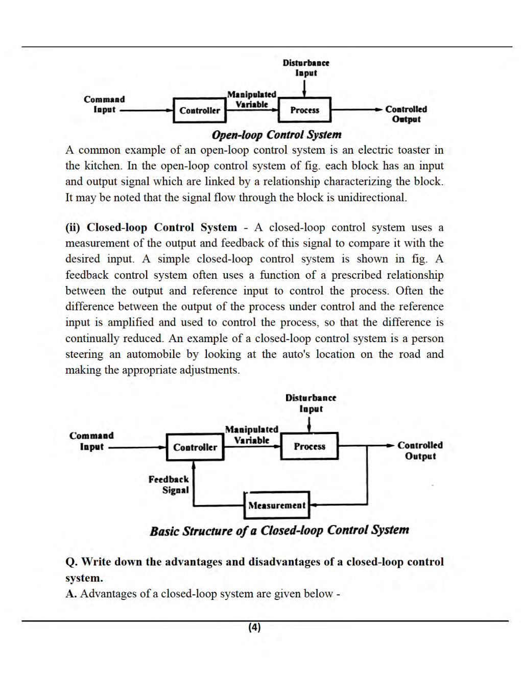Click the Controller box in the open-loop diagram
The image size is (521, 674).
click(199, 110)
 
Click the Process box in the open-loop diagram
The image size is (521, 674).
click(304, 110)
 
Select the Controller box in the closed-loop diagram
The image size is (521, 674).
click(195, 447)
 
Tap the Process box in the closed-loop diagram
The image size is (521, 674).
click(309, 446)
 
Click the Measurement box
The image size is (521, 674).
click(277, 505)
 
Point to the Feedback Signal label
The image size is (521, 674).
click(169, 485)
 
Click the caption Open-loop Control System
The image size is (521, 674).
click(276, 135)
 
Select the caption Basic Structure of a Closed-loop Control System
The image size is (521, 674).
click(279, 531)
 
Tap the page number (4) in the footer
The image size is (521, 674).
click(254, 627)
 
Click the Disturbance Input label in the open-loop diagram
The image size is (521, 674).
click(306, 68)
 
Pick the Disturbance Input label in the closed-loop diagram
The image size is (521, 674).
click(311, 403)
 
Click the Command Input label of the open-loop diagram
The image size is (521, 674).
click(104, 104)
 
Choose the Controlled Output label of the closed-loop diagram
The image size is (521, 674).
click(420, 450)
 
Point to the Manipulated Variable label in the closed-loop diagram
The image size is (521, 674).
click(252, 435)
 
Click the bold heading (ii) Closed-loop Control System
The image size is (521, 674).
click(151, 227)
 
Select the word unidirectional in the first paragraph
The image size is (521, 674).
click(371, 198)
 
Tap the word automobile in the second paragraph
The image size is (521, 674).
click(153, 354)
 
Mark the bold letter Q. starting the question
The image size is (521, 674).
click(71, 562)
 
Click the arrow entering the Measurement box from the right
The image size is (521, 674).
click(314, 505)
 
